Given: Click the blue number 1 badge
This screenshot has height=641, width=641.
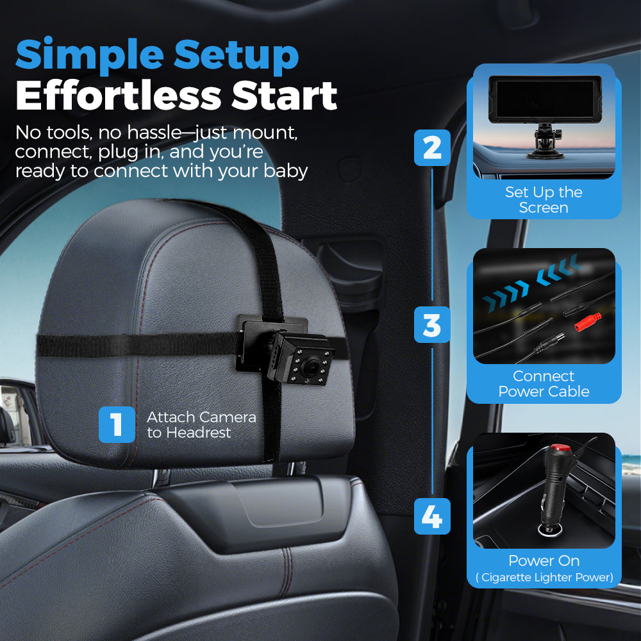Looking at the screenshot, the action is pyautogui.click(x=117, y=424).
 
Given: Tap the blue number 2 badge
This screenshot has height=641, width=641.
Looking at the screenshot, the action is pyautogui.click(x=432, y=147).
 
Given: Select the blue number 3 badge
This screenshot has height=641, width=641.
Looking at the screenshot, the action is pyautogui.click(x=432, y=324).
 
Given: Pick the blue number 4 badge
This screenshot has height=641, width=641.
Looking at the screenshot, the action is pyautogui.click(x=432, y=516).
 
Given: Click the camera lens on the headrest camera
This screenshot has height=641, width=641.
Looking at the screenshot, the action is pyautogui.click(x=310, y=366).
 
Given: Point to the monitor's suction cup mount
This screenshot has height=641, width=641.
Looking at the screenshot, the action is pyautogui.click(x=545, y=142).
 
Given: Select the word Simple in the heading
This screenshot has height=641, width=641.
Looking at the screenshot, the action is pyautogui.click(x=90, y=56).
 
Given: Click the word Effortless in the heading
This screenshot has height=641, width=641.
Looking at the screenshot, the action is pyautogui.click(x=119, y=96).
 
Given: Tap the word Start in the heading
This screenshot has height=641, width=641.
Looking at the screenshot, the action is pyautogui.click(x=285, y=96).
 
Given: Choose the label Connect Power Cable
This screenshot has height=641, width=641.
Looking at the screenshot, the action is pyautogui.click(x=544, y=383).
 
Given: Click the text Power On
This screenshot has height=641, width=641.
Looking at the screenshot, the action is pyautogui.click(x=544, y=560).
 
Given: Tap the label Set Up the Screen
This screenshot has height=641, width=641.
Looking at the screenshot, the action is pyautogui.click(x=544, y=200).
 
